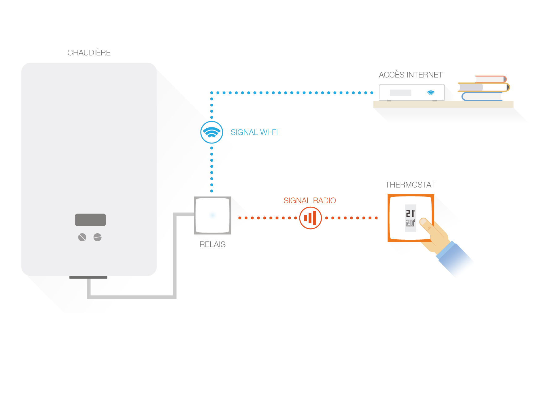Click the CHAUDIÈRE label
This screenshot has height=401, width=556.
coord(89,53)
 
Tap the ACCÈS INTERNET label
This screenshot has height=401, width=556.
coord(411,75)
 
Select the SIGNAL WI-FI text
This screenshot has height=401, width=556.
coord(254,132)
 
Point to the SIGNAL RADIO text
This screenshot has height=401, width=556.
coord(310,200)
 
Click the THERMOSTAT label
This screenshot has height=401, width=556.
coord(410,185)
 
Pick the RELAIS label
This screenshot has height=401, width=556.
coord(213,244)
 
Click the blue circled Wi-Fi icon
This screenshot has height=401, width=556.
coord(212,132)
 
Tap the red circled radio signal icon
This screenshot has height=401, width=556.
coord(310,218)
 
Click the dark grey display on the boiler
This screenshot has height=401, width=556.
coord(91,220)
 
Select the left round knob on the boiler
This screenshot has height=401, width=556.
coord(82,237)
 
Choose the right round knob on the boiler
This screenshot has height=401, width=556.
coord(98,237)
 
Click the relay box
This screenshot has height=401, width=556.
coord(213,215)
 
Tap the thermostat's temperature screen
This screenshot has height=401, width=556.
coord(411,218)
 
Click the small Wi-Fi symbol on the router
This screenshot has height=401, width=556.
coord(431,93)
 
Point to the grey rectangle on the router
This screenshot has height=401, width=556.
coord(400,93)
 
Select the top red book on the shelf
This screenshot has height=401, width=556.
coord(491,79)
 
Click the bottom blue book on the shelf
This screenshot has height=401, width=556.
coord(482,97)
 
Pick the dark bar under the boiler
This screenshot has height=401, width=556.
coord(88,277)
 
